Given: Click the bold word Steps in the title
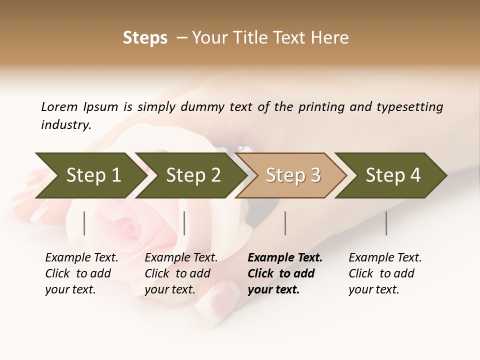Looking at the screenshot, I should click(x=145, y=38).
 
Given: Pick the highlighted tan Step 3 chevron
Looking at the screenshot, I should click(x=292, y=175).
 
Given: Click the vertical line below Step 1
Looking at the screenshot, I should click(x=84, y=223).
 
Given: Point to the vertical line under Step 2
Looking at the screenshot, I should click(x=184, y=223).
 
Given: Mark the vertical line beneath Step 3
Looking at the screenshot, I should click(x=285, y=223).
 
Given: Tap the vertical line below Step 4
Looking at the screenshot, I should click(x=386, y=223).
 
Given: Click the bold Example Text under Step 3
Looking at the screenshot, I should click(x=284, y=273).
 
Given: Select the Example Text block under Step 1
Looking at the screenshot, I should click(x=81, y=273).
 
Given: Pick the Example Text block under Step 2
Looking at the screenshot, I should click(x=180, y=273).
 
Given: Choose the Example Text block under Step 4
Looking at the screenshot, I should click(x=384, y=273).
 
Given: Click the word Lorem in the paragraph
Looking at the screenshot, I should click(x=59, y=107).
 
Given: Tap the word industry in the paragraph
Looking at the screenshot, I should click(x=65, y=125).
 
